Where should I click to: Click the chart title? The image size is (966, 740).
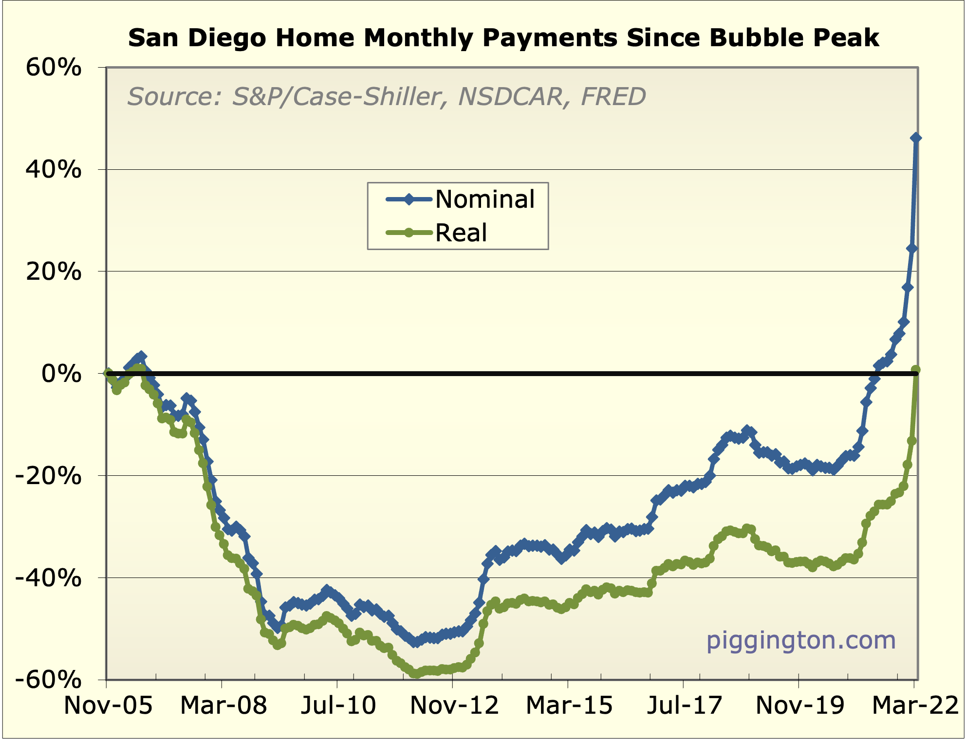(503, 38)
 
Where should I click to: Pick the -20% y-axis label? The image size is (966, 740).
(49, 475)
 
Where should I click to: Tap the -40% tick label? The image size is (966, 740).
(49, 578)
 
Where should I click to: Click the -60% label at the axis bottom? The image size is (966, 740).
(49, 679)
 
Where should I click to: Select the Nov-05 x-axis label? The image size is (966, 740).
(108, 705)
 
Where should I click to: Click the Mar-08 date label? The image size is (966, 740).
(223, 705)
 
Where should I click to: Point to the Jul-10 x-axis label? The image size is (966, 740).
(338, 705)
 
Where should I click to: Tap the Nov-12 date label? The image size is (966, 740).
(454, 705)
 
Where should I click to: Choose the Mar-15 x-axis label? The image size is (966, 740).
(569, 705)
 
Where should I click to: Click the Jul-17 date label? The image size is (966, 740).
(684, 705)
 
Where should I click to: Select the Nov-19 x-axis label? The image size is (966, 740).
(799, 705)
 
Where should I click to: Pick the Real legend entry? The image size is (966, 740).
(461, 233)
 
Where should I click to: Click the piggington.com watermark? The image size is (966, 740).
(801, 640)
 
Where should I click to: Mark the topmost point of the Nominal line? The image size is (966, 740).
(915, 138)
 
